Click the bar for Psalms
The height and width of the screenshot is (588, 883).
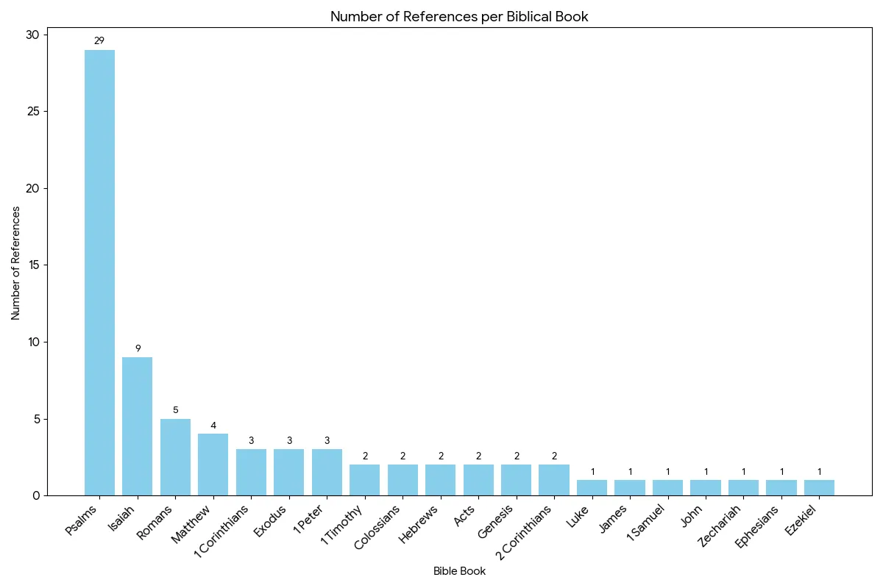pos(100,273)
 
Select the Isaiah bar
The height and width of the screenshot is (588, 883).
pos(137,426)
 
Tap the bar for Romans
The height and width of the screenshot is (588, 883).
pos(175,457)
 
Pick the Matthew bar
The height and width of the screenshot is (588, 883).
pos(213,465)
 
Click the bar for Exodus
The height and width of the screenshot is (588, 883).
pos(289,472)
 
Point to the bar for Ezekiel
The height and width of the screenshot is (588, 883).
pos(819,487)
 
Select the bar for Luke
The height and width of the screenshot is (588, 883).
pos(592,487)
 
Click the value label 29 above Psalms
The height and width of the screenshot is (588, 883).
pos(99,40)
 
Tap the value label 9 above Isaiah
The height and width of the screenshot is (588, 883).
pos(138,348)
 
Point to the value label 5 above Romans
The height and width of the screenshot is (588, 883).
pos(176,410)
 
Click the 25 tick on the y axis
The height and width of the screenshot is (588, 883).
pos(34,112)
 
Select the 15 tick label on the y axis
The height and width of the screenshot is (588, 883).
pos(35,265)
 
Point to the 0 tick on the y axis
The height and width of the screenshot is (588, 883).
pos(36,496)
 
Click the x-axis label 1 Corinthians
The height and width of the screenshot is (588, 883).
pos(221,531)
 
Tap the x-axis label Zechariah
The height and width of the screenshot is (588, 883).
pos(720,526)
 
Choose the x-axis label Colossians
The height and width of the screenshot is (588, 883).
pos(377,527)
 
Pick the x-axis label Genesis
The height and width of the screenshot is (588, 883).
pos(495,521)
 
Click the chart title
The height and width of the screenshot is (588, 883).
pos(459,17)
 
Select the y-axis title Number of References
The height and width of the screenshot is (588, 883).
pos(15,263)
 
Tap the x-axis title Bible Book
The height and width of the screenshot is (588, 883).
pos(459,571)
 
